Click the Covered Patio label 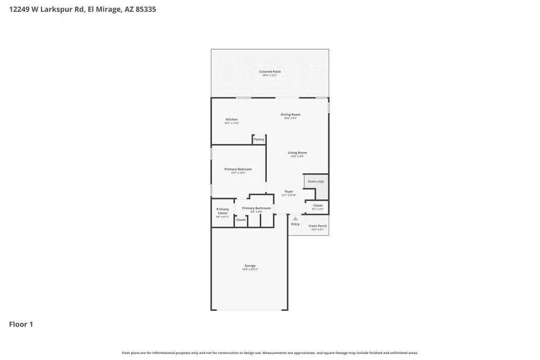[269, 72]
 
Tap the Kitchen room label [232, 120]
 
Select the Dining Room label [291, 115]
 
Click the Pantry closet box [259, 139]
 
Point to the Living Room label [297, 153]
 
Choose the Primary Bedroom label [238, 169]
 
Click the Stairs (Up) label [316, 181]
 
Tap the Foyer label [289, 192]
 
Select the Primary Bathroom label [256, 208]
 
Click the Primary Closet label [222, 212]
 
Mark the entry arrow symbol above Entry [295, 219]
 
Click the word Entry [295, 224]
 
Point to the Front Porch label [318, 226]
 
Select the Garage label [250, 266]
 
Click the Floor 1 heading [21, 324]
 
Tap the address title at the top [83, 9]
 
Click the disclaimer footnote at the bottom [269, 353]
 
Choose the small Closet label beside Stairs [318, 206]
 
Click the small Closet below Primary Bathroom [241, 220]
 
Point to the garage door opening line [249, 310]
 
